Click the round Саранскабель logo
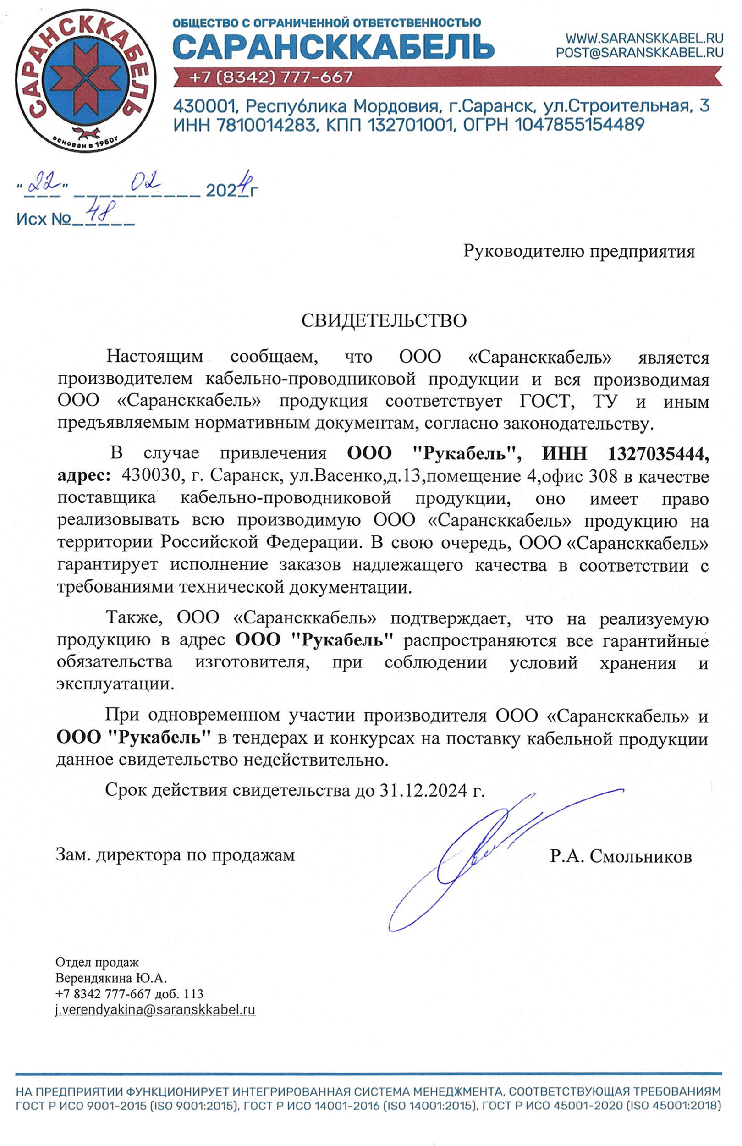tap(86, 80)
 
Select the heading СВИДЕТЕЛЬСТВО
tap(384, 321)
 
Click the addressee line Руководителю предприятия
tap(579, 251)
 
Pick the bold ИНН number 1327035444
tap(658, 453)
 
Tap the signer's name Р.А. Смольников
tap(621, 856)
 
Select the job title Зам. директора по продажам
tap(175, 854)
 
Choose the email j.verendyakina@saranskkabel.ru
tap(155, 1006)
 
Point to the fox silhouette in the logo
tap(86, 132)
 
